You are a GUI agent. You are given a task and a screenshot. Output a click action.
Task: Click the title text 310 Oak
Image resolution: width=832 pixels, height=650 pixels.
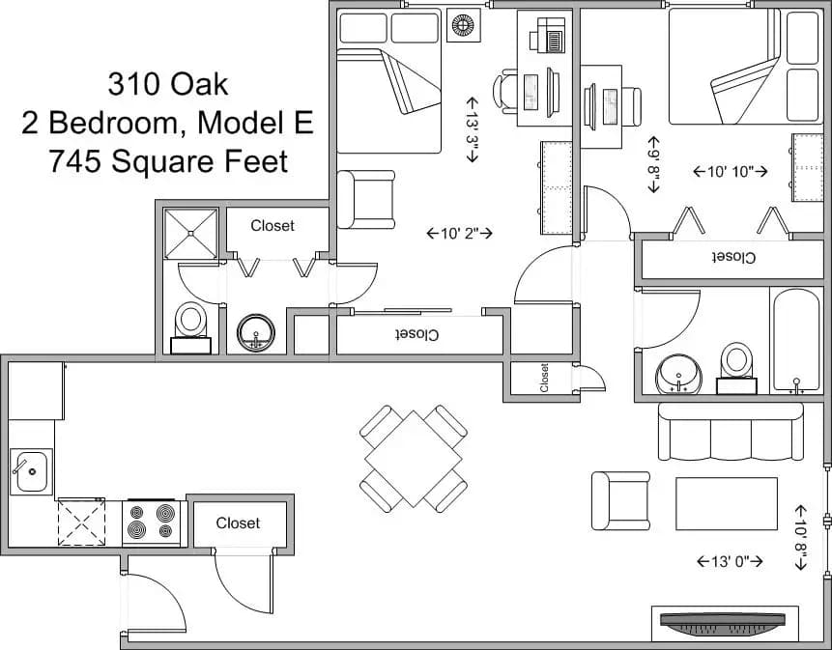point(168,85)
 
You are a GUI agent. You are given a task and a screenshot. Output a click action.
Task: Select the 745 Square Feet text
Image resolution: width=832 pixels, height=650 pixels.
point(168,160)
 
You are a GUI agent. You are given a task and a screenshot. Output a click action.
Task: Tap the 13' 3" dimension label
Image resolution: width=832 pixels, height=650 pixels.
point(472,128)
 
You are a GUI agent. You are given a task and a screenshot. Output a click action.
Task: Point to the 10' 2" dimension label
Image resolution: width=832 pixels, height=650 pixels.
point(460,233)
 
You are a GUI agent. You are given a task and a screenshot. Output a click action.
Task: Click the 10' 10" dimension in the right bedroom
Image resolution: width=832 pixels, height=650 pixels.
point(731,171)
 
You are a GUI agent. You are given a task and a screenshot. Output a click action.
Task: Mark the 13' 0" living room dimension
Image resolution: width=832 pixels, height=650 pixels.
point(731,560)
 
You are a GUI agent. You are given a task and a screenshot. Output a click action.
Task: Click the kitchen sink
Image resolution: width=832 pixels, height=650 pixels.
point(31,472)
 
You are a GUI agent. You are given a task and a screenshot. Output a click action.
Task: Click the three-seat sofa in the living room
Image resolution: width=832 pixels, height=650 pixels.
point(731,432)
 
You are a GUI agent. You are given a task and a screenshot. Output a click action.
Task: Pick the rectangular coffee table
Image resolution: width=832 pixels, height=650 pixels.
point(726,503)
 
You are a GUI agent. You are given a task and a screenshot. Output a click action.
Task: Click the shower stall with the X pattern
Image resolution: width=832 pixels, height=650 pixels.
point(191,234)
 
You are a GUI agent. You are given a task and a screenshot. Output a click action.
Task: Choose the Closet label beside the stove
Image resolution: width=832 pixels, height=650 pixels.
point(238,523)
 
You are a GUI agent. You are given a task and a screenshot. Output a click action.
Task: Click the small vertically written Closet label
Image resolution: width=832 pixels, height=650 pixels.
point(544,377)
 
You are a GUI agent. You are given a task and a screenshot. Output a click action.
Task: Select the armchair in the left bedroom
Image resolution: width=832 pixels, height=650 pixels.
point(367,199)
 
